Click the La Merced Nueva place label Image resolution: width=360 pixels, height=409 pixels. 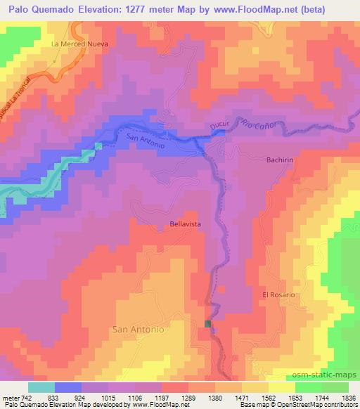coord(78,43)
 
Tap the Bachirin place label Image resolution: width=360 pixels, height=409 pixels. coord(280,160)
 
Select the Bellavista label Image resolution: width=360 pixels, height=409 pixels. coord(186,223)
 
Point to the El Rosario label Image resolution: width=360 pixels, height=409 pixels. coord(278,294)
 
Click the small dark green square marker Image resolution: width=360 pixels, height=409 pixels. coord(207,323)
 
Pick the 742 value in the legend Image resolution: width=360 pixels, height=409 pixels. coord(25,398)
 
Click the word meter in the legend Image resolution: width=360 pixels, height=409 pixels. coord(10,398)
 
